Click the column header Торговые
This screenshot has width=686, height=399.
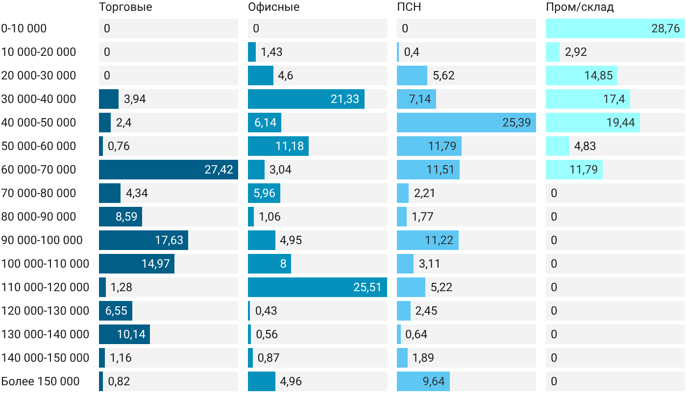pos(125,7)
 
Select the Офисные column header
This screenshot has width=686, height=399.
pos(274,7)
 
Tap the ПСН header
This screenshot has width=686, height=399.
pos(409,7)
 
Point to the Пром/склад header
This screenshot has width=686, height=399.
pos(580,7)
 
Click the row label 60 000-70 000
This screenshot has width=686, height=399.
pos(39,170)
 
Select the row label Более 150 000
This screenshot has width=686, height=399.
pos(40,381)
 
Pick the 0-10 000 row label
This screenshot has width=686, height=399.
pos(24,28)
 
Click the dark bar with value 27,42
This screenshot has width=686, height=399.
pos(169,170)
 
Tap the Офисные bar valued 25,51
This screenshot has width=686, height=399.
pos(318,287)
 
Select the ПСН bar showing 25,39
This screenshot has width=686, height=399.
pos(466,123)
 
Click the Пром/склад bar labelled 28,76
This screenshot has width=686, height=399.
pos(615,28)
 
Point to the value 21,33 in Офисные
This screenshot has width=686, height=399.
pos(345,99)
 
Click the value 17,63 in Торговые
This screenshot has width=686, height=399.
pos(169,240)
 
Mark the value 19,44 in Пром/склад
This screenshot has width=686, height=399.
pos(621,123)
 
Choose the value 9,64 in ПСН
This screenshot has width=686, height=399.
pos(434,381)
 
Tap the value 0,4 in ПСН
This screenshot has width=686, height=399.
pos(412,52)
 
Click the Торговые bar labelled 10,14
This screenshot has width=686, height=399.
pos(124,334)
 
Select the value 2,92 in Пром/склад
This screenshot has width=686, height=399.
pos(576,52)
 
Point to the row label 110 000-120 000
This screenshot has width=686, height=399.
pos(45,287)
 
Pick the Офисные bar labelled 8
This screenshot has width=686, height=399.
pos(269,264)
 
